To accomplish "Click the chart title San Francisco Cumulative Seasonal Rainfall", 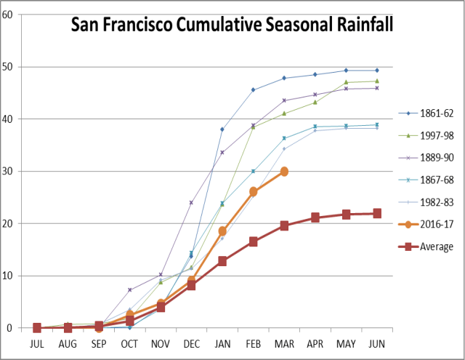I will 232,26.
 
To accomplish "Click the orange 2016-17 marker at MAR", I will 284,172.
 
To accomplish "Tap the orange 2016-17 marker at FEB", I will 253,192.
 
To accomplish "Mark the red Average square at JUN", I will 376,214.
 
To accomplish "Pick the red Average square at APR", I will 315,217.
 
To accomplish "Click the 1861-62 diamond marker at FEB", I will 253,90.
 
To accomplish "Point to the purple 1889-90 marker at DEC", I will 191,202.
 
